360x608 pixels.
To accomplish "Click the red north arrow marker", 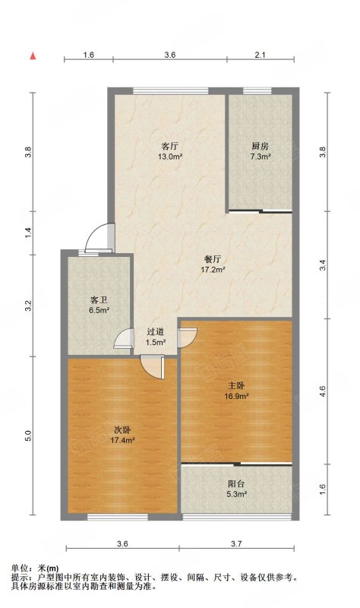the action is pos(33,55).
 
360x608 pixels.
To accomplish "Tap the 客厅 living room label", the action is pos(169,146).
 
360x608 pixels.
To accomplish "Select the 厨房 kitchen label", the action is pos(260,146).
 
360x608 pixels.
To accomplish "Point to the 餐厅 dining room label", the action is pos(213,259).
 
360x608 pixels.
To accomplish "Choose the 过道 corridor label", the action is pos(156,332).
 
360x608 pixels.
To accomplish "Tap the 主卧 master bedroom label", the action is pos(236,386).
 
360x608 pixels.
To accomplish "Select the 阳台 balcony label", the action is pos(236,484).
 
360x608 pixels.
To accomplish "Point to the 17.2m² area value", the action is pos(213,270).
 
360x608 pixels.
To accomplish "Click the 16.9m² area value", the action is pos(236,396).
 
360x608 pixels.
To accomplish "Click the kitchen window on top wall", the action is pos(257,90).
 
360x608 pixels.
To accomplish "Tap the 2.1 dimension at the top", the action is pos(260,55).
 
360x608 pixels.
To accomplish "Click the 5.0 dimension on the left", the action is pos(28,435).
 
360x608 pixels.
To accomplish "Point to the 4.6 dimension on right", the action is pos(323,391).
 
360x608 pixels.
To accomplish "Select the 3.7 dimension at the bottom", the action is pos(236,543).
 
